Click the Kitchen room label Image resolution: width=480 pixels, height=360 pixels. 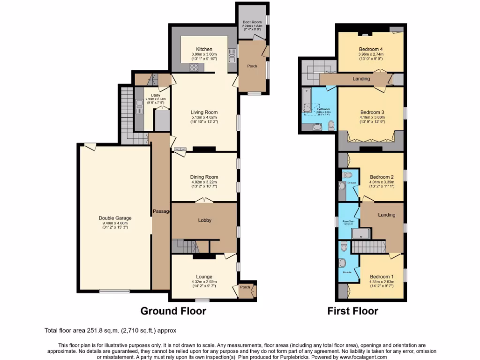click(204, 49)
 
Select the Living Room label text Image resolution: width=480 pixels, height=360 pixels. click(204, 112)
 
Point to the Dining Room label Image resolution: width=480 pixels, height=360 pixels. click(204, 177)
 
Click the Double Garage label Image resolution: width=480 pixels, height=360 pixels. click(115, 218)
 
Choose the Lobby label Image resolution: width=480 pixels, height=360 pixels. click(204, 220)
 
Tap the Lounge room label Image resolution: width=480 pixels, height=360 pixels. click(204, 277)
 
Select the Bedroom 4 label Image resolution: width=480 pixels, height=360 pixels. click(371, 49)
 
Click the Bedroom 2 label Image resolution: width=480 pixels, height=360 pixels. click(381, 177)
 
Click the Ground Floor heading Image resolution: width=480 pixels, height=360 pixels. click(173, 311)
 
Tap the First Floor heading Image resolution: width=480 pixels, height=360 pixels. click(352, 311)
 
